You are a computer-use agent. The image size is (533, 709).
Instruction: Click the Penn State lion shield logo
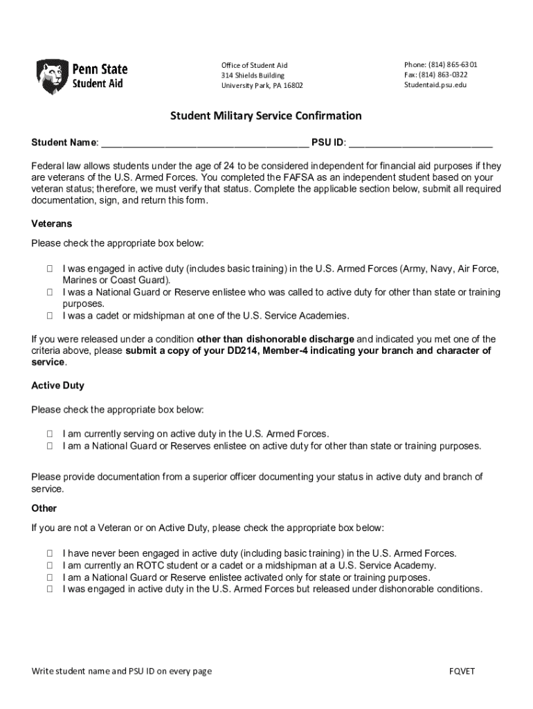point(52,76)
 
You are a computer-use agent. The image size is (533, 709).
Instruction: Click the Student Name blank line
point(204,143)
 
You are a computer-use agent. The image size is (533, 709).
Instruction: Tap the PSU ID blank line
point(420,143)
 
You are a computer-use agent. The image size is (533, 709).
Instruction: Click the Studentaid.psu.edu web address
point(435,85)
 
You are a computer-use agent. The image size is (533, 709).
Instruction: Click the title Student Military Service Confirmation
point(266,116)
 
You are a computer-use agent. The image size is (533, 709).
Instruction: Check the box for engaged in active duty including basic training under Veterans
point(51,269)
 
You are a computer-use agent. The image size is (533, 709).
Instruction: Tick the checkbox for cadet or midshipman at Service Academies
point(51,316)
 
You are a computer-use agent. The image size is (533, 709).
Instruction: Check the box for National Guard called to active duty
point(51,292)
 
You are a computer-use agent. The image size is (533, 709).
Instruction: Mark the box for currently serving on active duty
point(51,433)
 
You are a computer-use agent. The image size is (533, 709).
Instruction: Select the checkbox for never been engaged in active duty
point(51,553)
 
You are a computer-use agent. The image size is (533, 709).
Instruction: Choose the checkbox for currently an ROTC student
point(51,565)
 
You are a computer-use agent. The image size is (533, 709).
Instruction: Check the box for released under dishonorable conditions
point(51,589)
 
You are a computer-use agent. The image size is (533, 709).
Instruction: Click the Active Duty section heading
point(58,386)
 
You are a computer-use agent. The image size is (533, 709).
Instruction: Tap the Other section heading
point(44,508)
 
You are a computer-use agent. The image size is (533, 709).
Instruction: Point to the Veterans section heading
point(52,224)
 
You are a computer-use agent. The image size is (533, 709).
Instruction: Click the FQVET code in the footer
point(462,671)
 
